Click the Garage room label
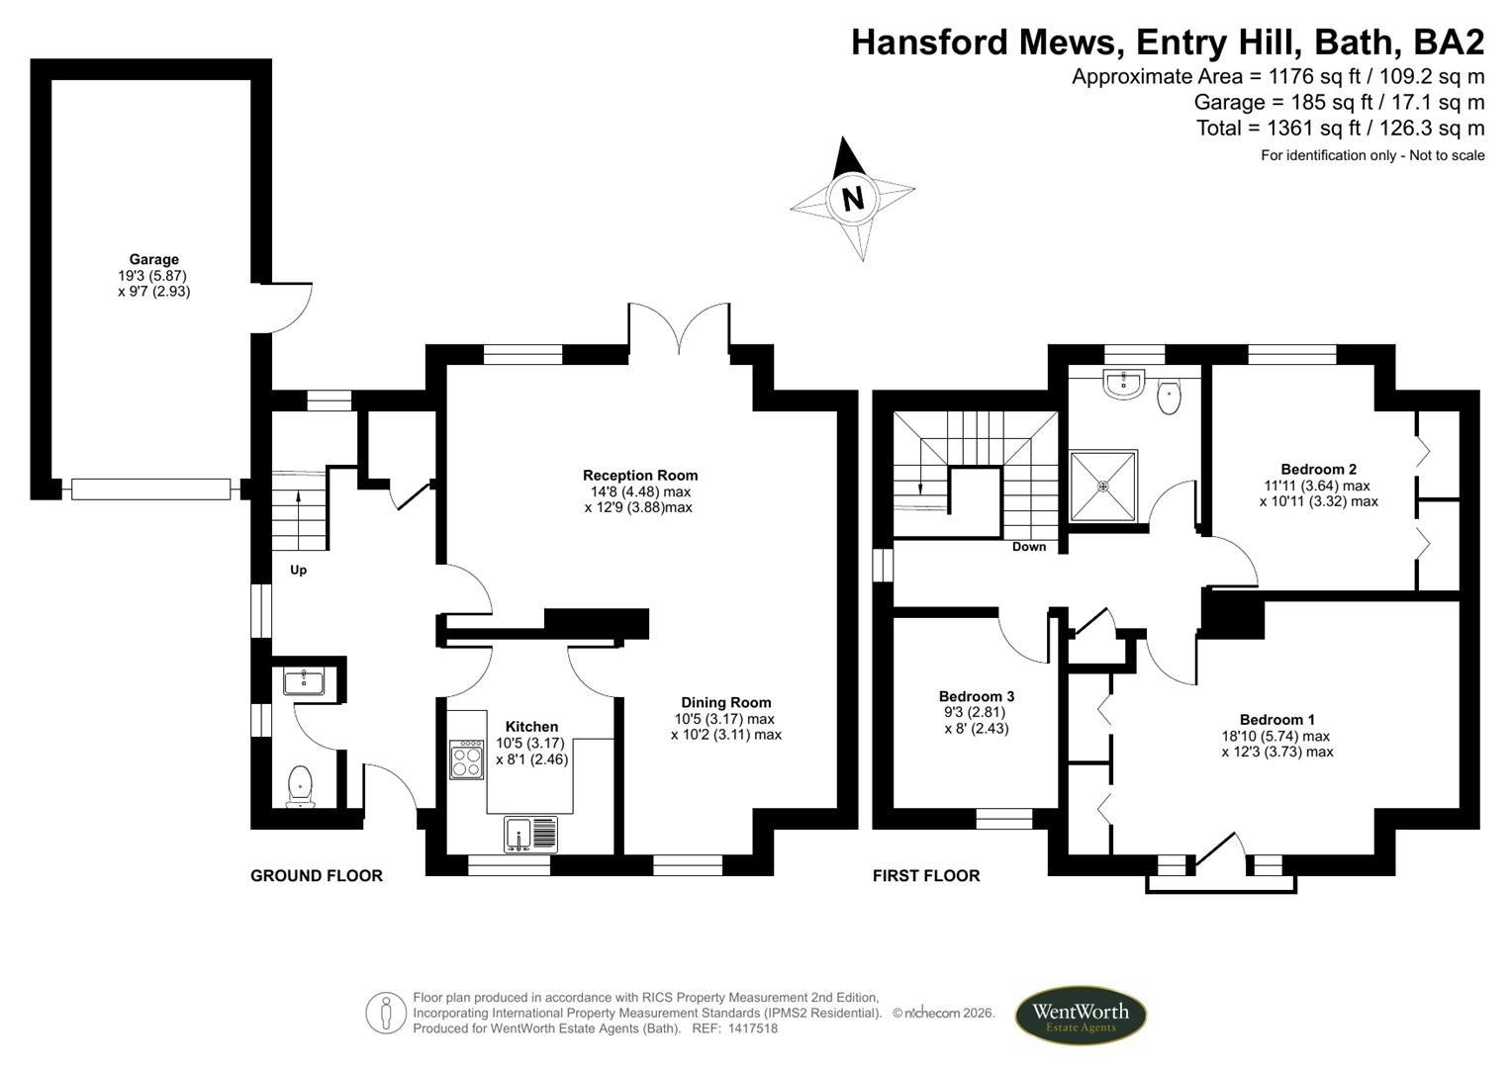tap(153, 260)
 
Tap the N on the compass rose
tap(852, 199)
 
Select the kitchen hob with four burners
tap(466, 758)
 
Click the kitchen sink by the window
tap(530, 834)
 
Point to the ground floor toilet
tap(300, 787)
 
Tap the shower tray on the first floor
tap(1103, 486)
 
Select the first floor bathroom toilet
tap(1169, 397)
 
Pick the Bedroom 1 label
tap(1276, 720)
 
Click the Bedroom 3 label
tap(976, 696)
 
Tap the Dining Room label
tap(725, 703)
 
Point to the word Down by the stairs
tap(1029, 547)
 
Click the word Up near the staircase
tap(298, 570)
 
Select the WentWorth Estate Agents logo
tap(1081, 1016)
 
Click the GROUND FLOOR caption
tap(316, 875)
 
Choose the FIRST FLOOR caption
tap(925, 875)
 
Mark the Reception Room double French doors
tap(679, 328)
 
